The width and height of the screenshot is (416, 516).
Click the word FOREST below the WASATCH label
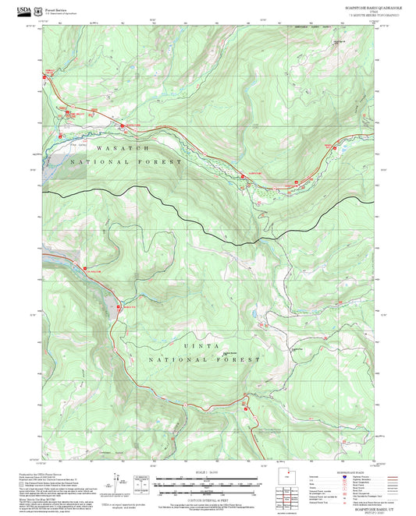[x=162, y=162]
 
